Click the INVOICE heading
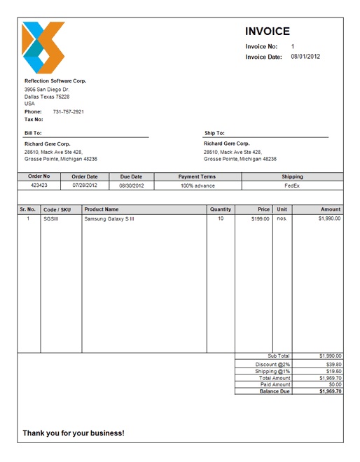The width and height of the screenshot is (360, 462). tap(267, 31)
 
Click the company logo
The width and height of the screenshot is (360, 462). tap(43, 48)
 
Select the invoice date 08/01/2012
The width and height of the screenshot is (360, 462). tap(305, 57)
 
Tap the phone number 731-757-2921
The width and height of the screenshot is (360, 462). tap(69, 112)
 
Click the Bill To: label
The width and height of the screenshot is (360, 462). tap(33, 133)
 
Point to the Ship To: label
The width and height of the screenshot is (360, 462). tap(214, 133)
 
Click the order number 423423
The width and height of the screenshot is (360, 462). tap(39, 185)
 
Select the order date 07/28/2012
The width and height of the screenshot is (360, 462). tap(85, 185)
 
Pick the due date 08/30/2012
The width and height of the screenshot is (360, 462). tap(131, 185)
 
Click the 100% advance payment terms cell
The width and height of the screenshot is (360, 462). tap(198, 185)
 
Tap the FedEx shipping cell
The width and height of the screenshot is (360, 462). tap(292, 185)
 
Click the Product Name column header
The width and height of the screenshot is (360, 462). tap(102, 209)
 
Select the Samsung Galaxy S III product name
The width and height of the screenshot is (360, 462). tap(109, 219)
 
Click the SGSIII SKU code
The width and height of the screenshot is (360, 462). tap(51, 219)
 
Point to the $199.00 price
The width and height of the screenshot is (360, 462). tap(260, 219)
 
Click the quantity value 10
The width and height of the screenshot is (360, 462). tap(221, 219)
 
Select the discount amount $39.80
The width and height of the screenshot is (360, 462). tap(330, 365)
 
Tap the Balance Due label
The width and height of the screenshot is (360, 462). tap(275, 391)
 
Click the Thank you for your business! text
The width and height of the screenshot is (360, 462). tap(74, 433)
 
